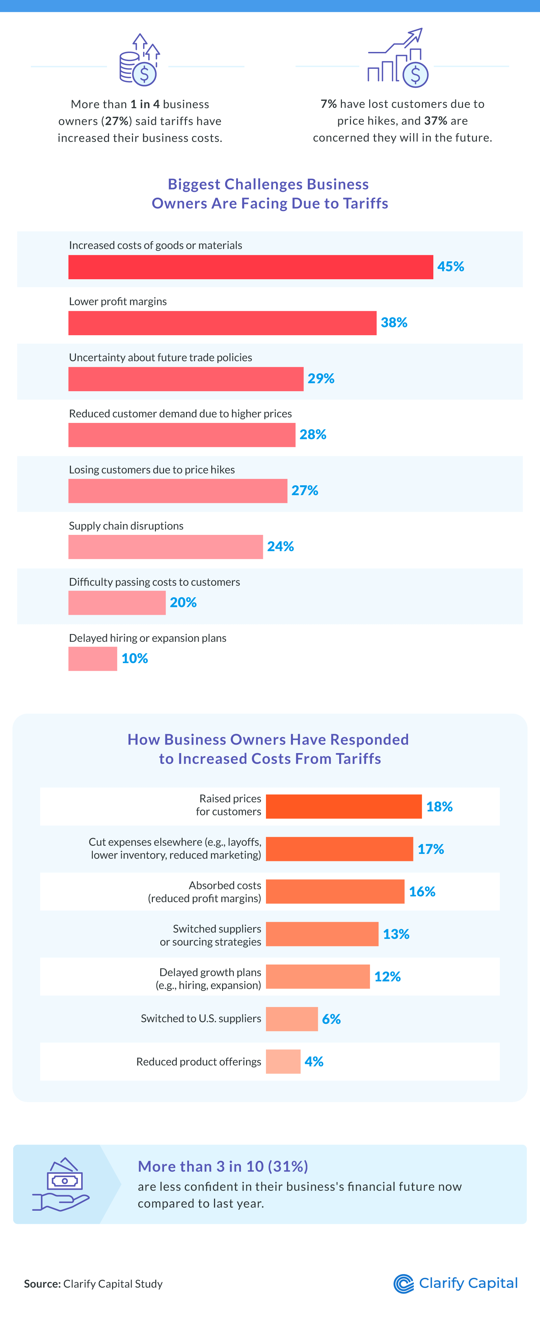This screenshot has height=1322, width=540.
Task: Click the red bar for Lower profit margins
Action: coord(222,323)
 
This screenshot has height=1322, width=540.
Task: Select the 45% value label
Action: coord(450,266)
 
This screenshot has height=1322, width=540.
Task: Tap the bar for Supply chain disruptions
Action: coord(165,547)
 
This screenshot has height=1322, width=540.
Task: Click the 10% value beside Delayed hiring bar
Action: coord(135,658)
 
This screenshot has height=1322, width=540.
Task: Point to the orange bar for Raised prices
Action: coord(343,806)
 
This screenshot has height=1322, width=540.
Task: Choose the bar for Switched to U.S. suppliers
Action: coord(291,1019)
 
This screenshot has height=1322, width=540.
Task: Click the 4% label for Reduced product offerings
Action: coord(314,1061)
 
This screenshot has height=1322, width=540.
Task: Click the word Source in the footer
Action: coord(42,1284)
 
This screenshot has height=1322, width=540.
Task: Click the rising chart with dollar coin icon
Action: coord(398,58)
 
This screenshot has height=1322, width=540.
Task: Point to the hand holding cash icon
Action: coord(61,1184)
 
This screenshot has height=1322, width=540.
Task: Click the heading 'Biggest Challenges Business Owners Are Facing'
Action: coord(270,194)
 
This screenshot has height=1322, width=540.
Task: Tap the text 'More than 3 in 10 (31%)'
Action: coord(222,1167)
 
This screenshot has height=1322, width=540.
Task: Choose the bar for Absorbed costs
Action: coord(335,891)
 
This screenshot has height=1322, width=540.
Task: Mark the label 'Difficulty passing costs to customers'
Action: coord(154,582)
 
